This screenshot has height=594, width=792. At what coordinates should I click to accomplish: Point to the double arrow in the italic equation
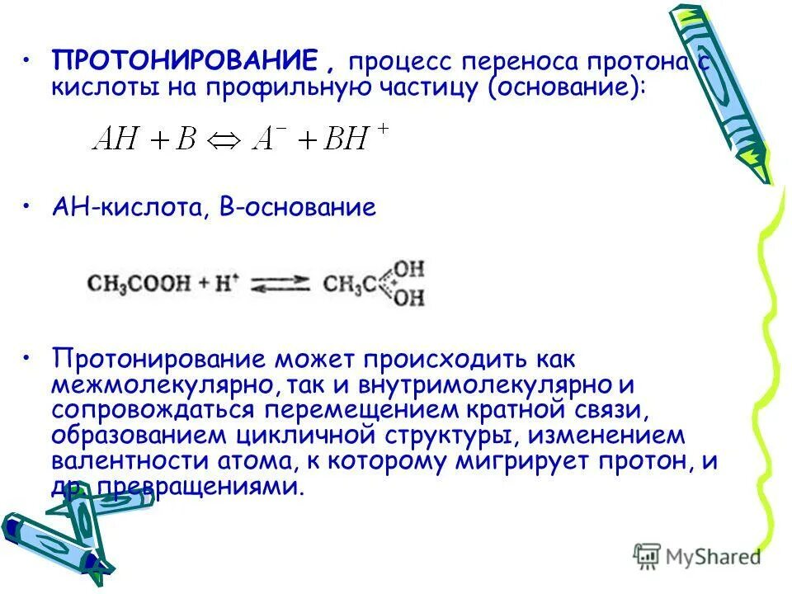pyautogui.click(x=224, y=139)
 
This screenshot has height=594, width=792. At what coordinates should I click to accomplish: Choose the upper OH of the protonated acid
pyautogui.click(x=408, y=269)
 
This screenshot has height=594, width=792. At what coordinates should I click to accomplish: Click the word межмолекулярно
pyautogui.click(x=158, y=384)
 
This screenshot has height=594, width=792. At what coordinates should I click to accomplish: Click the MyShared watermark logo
pyautogui.click(x=698, y=555)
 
